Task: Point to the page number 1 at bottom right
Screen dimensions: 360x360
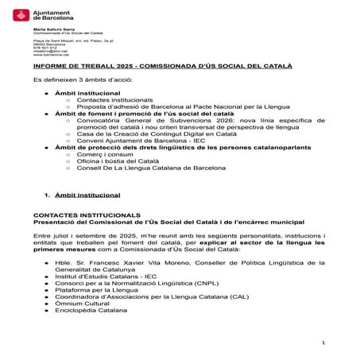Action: (x=324, y=342)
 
